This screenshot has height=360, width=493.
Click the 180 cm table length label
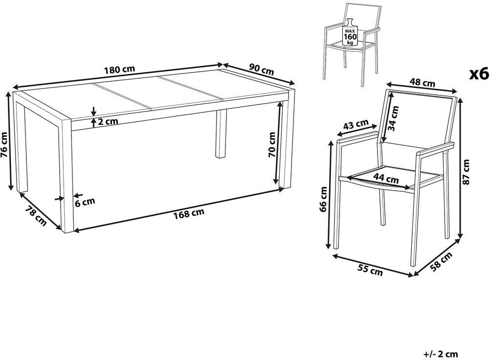point(120,69)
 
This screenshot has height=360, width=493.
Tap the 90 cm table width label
point(261,68)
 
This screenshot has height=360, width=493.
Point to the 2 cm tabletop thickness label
point(108,121)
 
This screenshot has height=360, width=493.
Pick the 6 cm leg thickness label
point(85,202)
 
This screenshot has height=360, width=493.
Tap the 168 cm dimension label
point(189,213)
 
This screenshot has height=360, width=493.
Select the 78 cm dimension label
point(36,216)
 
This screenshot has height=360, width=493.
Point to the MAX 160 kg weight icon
point(350,33)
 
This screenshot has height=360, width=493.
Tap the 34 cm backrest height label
point(393,118)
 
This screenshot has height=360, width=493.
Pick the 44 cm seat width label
point(386,178)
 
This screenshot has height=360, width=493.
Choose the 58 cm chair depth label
point(441,261)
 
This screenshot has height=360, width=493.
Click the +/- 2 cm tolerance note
point(441,354)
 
